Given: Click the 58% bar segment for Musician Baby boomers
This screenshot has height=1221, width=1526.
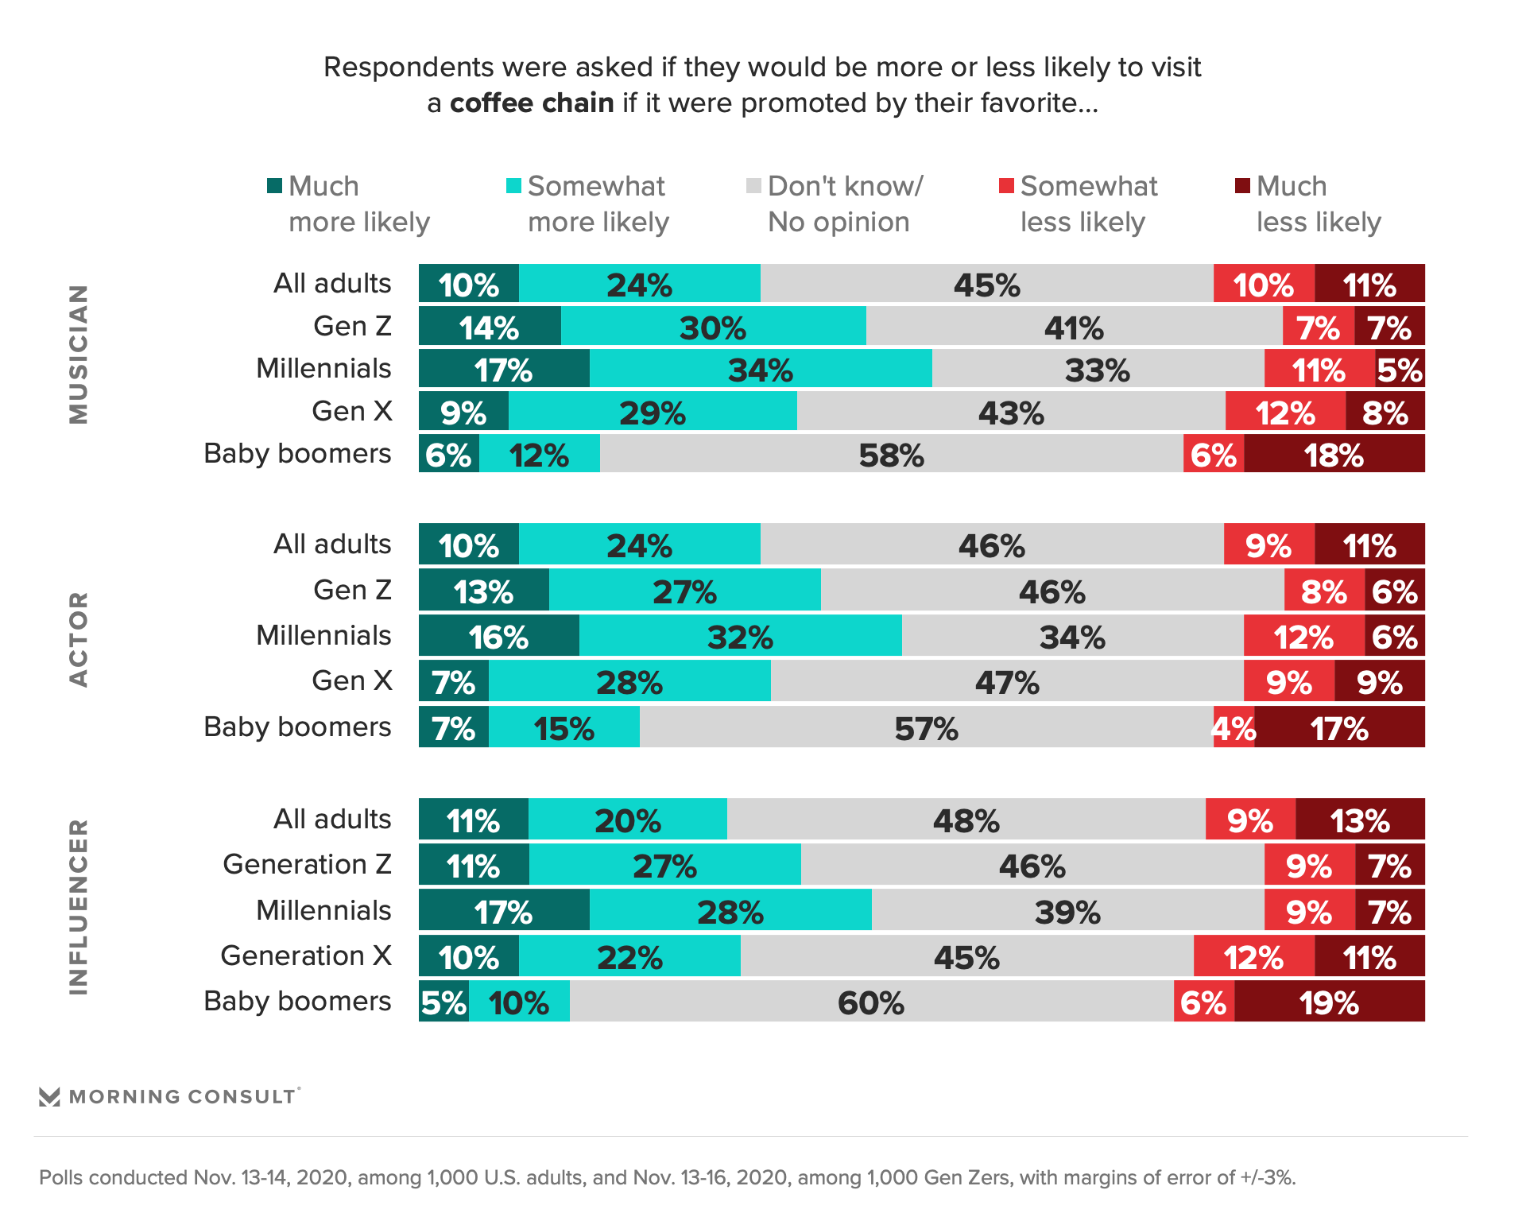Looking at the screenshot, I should [891, 455].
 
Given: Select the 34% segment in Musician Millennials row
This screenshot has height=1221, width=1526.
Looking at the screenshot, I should [761, 370].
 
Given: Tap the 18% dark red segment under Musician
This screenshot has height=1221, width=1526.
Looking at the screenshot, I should [1334, 455].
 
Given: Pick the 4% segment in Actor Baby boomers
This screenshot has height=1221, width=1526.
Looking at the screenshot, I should [1234, 727].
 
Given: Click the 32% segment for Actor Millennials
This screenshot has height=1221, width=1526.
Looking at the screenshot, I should [740, 636].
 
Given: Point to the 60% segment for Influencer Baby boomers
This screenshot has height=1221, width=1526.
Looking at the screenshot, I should [871, 1002].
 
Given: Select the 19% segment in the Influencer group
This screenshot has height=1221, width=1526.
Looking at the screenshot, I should [1329, 1002].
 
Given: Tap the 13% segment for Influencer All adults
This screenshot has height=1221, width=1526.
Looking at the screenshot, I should [1359, 820].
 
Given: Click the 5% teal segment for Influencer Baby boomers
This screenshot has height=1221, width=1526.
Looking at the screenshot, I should [443, 1002].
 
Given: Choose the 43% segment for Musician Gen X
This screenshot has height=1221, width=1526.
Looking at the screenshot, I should [1011, 412].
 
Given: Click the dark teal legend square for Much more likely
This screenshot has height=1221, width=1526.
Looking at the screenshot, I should [275, 186].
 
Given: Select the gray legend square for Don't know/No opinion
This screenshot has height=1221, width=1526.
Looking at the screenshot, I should [753, 186].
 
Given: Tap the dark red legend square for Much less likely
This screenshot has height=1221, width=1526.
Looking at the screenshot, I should [1242, 186].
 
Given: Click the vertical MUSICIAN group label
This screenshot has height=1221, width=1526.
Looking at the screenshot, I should [78, 354].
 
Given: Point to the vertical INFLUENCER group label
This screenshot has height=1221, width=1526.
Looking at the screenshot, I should [78, 906].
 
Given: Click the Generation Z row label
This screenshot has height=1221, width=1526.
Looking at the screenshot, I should [307, 864].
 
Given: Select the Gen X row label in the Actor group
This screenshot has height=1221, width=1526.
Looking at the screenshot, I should [351, 680].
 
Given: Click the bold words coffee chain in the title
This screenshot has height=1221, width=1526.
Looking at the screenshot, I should [532, 103].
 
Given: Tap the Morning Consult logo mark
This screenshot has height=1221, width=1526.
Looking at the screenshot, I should [49, 1097].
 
